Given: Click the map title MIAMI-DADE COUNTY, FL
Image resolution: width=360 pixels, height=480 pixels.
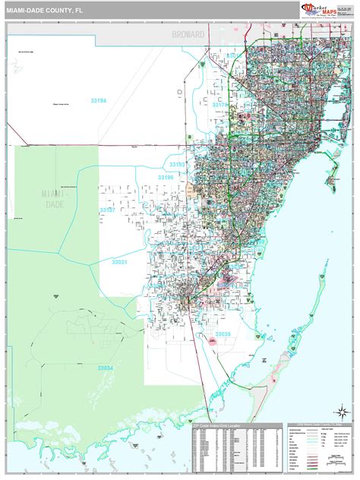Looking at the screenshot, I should point(45,10).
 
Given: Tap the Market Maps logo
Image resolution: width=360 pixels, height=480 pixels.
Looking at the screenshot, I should point(318,10).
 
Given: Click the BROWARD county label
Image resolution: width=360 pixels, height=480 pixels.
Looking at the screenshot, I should point(188,35).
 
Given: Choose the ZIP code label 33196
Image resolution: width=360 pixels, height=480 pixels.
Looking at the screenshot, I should point(167,177).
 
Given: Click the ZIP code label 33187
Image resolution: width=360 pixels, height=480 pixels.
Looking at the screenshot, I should point(107,210).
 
